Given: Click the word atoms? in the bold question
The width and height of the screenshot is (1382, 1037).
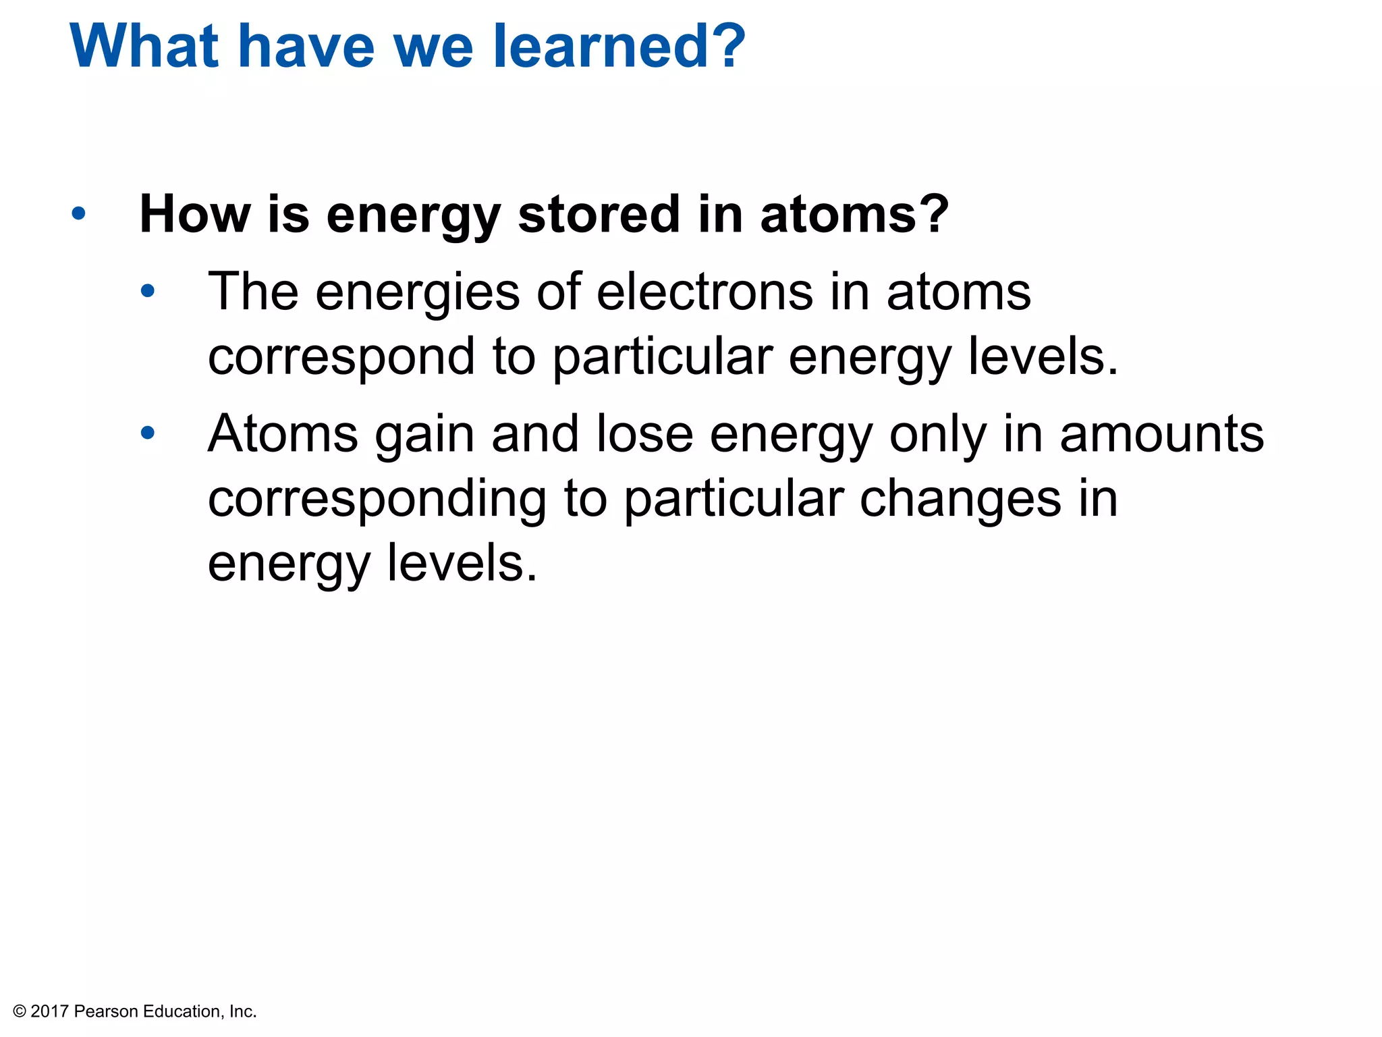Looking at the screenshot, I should coord(854,215).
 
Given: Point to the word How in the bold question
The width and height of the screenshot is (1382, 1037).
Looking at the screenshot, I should coord(195,215).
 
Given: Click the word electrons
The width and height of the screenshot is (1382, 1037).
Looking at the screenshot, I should coord(704,292).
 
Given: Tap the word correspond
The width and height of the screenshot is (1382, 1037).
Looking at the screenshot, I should coord(341,358).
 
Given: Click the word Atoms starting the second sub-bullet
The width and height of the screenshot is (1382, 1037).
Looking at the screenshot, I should coord(283,433).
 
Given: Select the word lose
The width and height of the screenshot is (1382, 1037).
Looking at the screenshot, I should coord(644,433).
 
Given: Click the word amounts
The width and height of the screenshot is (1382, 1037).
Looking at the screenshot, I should coord(1161,433).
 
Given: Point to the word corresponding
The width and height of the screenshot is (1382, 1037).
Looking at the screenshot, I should coord(377,500).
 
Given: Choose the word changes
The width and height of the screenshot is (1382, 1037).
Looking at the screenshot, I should coord(960,500).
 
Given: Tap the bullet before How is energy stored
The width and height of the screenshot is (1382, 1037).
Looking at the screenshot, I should coord(79,213).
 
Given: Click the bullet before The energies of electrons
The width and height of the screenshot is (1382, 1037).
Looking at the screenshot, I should coord(148,292).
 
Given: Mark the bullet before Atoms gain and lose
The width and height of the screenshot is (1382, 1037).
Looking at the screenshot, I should coord(148,433).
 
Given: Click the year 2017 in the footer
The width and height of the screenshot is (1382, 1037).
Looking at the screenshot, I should coord(50,1011).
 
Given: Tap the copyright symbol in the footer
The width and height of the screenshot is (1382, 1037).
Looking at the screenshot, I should coord(20,1011).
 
